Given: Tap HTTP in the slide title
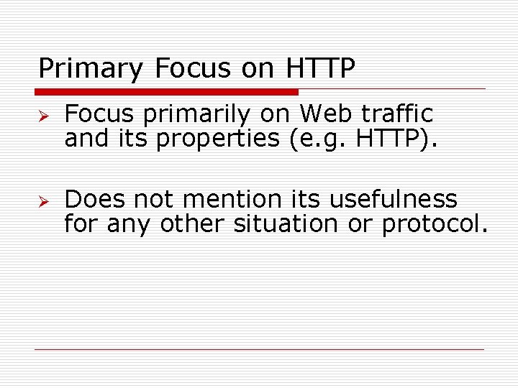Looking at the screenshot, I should coord(321,68).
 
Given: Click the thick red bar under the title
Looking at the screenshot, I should coord(167,92).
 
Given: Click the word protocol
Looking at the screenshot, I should coord(435,224).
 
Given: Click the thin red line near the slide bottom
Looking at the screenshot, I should coord(259,349).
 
